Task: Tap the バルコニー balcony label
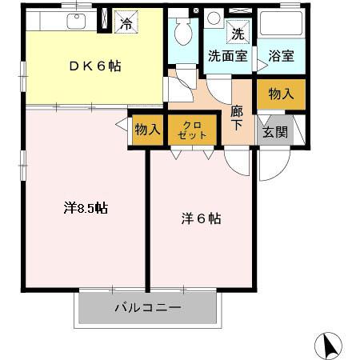click(x=147, y=307)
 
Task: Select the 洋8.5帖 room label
click(x=86, y=209)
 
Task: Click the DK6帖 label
click(x=94, y=66)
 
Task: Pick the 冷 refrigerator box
click(x=126, y=22)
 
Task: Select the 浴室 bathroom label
click(x=282, y=57)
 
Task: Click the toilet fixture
click(x=182, y=32)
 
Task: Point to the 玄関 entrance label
click(x=275, y=132)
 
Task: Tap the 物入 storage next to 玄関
click(x=281, y=94)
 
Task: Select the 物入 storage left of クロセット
click(x=147, y=130)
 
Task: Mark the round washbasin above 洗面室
click(x=214, y=18)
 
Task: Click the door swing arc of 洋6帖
click(x=237, y=160)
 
